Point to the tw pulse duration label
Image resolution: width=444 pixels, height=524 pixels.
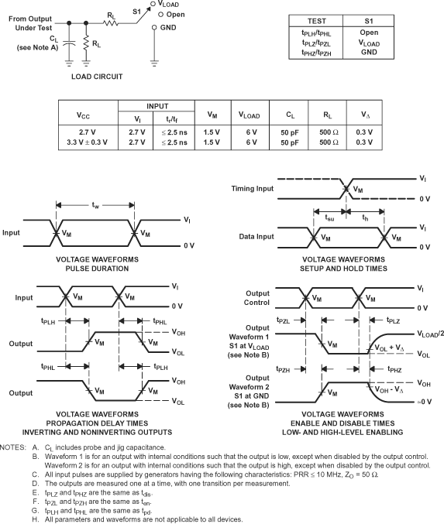[95, 205]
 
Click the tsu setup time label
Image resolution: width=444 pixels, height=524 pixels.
[330, 218]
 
